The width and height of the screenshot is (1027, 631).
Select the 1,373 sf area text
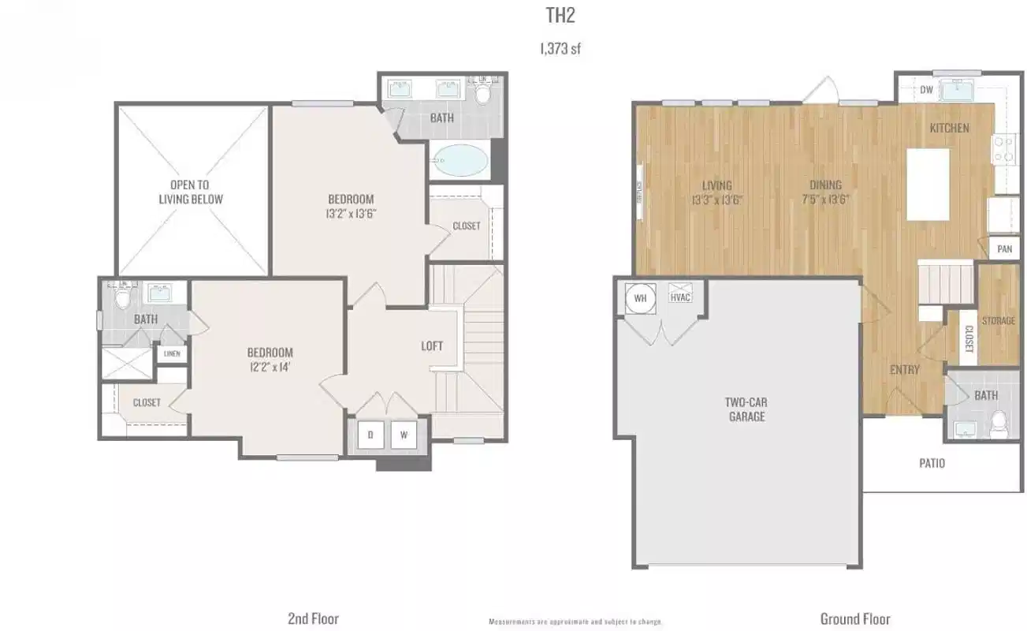(560, 49)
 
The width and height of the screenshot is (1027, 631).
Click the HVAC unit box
(679, 298)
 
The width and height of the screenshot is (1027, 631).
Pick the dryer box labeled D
(370, 434)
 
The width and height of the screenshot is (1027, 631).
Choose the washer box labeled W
(404, 434)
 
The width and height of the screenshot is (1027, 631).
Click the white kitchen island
(928, 185)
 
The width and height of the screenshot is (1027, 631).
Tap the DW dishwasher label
(926, 90)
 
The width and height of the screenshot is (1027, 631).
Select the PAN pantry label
(1004, 249)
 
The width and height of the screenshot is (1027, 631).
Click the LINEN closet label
(172, 354)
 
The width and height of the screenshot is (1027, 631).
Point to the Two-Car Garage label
(746, 409)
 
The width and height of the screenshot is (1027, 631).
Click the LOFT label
(431, 345)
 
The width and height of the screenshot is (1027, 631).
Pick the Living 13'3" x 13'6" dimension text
(716, 192)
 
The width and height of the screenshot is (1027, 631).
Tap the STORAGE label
(999, 321)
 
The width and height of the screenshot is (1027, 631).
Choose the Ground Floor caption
(855, 618)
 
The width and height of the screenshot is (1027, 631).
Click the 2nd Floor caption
(313, 618)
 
